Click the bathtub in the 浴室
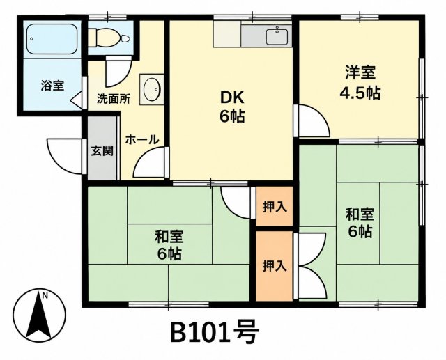pos(52,39)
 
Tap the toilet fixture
pos(109,38)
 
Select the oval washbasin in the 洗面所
pos(152,89)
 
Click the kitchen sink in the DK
pos(277,37)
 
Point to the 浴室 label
pos(52,85)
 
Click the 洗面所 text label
pos(114,99)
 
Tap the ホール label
pos(142,139)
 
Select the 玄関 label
pos(102,150)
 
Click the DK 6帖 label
pos(232,107)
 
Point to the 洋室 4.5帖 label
pos(360,82)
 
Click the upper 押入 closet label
pos(275,207)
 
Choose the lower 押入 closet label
pos(274,266)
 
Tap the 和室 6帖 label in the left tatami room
pos(169,246)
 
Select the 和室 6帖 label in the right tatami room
pos(360,223)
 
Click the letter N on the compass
pos(45,296)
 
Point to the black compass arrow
pos(39,315)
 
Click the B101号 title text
pos(215,332)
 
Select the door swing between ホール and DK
pos(149,163)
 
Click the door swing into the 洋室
pos(313,121)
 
